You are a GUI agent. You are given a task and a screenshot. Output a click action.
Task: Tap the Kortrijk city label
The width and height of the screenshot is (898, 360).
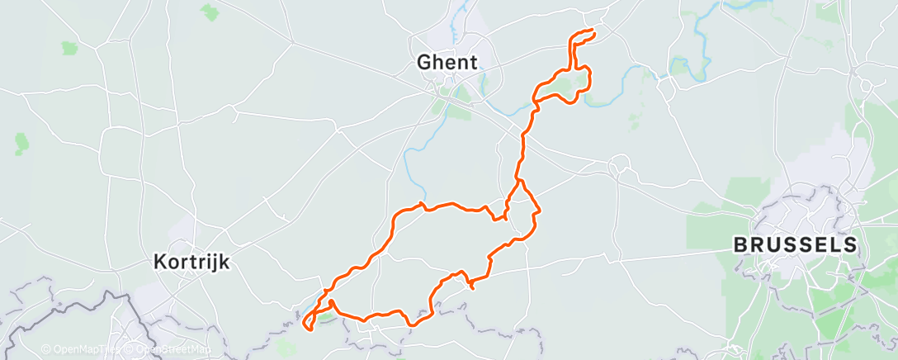[191, 262]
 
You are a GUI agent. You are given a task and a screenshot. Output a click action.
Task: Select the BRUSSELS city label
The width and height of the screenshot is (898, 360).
[796, 245]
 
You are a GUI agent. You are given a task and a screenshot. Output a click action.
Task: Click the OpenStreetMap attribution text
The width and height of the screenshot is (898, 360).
[172, 349]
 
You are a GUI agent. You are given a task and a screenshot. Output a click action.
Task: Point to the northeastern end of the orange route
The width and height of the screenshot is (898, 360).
[593, 31]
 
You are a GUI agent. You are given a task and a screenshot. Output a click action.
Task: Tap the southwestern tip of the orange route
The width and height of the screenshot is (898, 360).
[309, 330]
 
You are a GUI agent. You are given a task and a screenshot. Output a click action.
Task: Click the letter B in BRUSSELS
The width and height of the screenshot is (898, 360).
[741, 245]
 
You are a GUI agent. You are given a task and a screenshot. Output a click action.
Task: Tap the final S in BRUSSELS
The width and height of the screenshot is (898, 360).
[850, 245]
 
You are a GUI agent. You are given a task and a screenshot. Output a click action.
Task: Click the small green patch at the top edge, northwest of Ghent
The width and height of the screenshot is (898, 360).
[210, 12]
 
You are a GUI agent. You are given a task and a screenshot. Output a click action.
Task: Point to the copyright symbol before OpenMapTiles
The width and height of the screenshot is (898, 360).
[45, 349]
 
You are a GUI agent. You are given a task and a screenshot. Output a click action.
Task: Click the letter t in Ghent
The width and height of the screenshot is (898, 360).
[474, 61]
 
